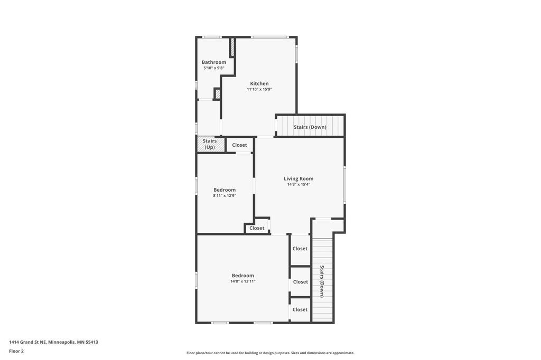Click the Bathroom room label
click(214, 62)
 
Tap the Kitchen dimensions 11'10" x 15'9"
click(259, 89)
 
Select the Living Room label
click(299, 178)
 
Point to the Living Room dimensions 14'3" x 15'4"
click(299, 184)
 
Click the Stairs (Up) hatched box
click(210, 144)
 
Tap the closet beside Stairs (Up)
click(239, 145)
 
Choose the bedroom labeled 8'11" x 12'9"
click(225, 193)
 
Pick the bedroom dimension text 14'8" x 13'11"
click(243, 281)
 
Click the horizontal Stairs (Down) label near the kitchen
click(310, 127)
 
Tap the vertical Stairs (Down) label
click(322, 281)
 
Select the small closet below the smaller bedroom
click(257, 228)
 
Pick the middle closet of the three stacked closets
click(301, 282)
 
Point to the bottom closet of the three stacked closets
click(300, 310)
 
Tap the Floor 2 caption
click(16, 352)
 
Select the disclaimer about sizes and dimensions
click(270, 353)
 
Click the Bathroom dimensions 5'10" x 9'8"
click(214, 68)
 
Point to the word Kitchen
click(259, 83)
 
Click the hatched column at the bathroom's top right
click(232, 47)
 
